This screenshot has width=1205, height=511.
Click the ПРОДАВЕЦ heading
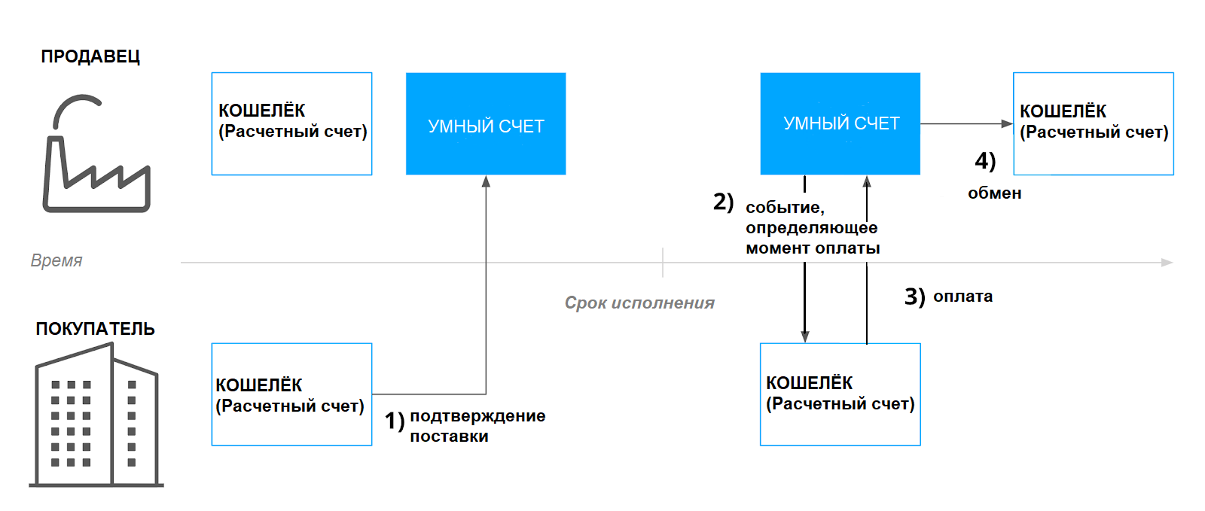click(90, 56)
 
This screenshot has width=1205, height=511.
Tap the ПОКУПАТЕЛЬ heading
click(95, 329)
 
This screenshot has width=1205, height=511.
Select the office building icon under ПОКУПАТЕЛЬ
click(96, 415)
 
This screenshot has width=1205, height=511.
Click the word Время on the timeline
click(56, 260)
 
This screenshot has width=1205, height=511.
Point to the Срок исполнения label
click(639, 303)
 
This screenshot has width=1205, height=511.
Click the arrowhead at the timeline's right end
click(1167, 263)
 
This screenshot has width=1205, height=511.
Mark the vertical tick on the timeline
click(663, 262)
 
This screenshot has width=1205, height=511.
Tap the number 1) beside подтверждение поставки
click(395, 421)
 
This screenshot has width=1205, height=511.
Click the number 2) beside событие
click(724, 202)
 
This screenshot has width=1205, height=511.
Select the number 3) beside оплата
click(914, 297)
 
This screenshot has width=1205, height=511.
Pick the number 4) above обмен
click(986, 161)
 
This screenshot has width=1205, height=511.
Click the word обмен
click(995, 193)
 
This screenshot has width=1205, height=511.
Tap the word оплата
click(963, 296)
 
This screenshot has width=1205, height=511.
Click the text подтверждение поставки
click(477, 426)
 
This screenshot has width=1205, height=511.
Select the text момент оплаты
click(813, 248)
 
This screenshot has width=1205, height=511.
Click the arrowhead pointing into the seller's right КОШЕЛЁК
click(1007, 123)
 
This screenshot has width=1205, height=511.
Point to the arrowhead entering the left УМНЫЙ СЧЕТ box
click(486, 181)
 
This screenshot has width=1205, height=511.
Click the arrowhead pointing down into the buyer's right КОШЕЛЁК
click(805, 337)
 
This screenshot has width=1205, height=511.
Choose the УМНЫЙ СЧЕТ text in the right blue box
click(841, 123)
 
